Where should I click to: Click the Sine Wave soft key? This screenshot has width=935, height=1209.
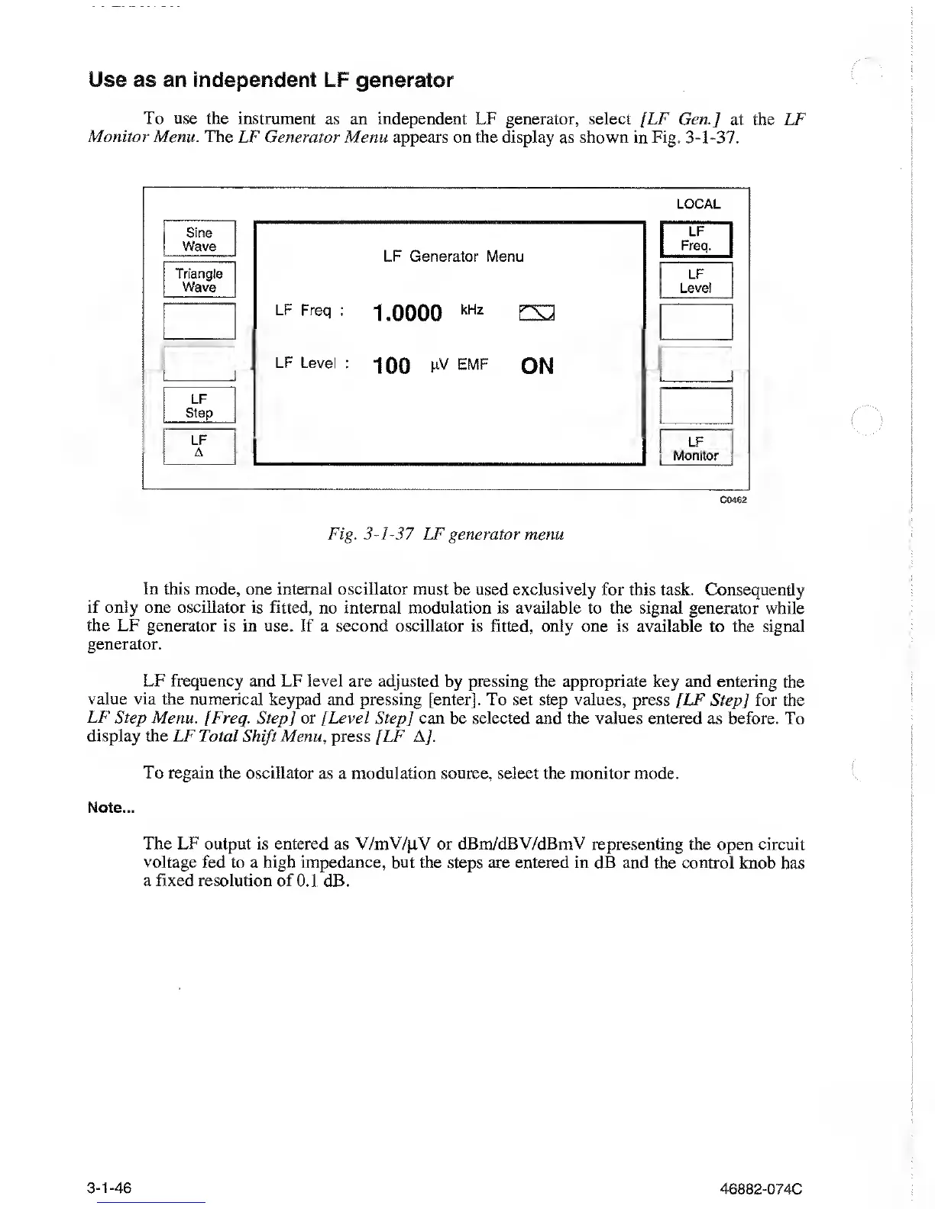click(x=199, y=240)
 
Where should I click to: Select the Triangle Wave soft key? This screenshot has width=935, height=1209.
click(x=199, y=280)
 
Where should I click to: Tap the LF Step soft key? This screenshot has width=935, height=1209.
click(x=199, y=405)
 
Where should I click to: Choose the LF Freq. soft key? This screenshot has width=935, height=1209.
click(x=696, y=239)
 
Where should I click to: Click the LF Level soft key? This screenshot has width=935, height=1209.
click(x=696, y=281)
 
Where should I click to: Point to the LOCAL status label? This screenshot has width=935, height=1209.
click(x=698, y=204)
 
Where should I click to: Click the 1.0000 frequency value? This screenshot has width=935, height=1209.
click(x=408, y=313)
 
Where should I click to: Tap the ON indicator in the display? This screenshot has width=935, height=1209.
click(x=537, y=366)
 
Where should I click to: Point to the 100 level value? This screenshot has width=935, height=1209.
click(x=392, y=366)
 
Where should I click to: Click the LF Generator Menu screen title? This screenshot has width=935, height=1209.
click(x=453, y=256)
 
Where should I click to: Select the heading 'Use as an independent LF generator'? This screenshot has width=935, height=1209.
click(x=271, y=80)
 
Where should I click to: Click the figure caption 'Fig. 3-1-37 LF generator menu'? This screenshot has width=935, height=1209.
click(x=446, y=534)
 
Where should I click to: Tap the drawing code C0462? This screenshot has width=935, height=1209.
click(x=733, y=500)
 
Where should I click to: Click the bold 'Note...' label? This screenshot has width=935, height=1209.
click(x=112, y=808)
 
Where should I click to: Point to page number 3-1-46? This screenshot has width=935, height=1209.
click(x=109, y=1188)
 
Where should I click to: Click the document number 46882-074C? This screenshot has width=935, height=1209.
click(x=761, y=1189)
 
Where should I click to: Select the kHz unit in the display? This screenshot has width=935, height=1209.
click(x=472, y=310)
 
